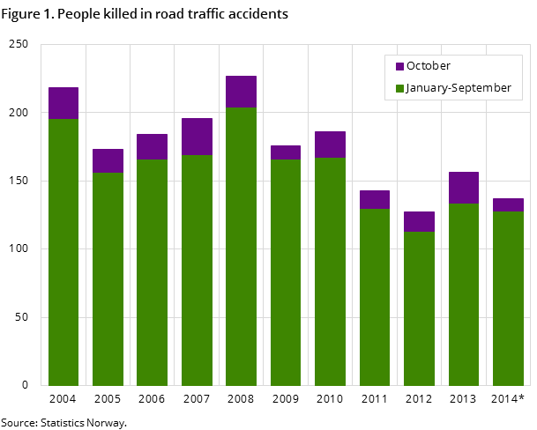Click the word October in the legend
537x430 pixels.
(429, 66)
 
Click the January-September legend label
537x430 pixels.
(459, 88)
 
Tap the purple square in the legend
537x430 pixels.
(399, 67)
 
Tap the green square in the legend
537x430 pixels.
(399, 89)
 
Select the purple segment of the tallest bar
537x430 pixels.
(241, 92)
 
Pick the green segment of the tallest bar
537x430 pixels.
(241, 247)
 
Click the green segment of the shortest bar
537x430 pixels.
(419, 308)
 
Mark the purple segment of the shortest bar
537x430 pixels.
(419, 221)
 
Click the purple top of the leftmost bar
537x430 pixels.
(63, 103)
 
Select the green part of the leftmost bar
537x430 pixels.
(63, 252)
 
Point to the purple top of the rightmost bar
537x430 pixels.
(508, 204)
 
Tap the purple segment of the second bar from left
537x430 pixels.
(108, 160)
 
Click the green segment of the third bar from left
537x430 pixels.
(152, 272)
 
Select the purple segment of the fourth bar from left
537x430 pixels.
(197, 137)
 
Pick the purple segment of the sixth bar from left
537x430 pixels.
(286, 152)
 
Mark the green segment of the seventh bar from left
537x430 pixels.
(330, 271)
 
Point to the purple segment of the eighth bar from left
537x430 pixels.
(375, 199)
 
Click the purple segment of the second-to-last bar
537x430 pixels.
(464, 188)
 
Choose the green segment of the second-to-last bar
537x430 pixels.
(464, 294)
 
